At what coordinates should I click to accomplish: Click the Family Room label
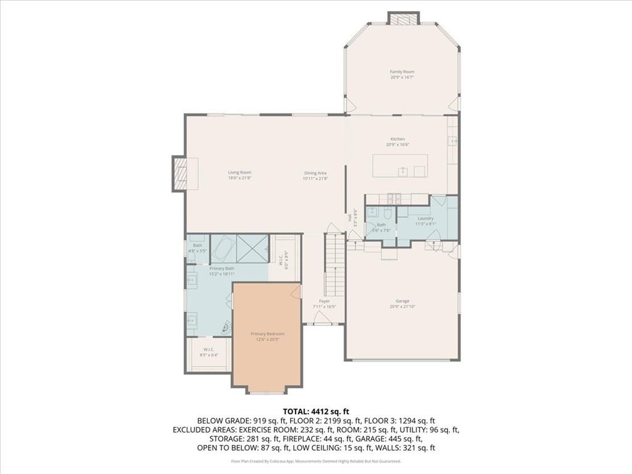click(x=401, y=72)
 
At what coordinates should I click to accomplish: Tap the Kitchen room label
click(x=397, y=139)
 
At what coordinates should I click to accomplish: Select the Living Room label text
click(x=239, y=173)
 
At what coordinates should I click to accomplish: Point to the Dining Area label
click(x=315, y=173)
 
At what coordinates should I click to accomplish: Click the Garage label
click(x=402, y=301)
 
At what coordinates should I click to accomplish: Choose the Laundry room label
click(x=425, y=218)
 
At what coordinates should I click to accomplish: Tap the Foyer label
click(x=324, y=301)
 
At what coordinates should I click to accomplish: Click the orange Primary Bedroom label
click(x=267, y=334)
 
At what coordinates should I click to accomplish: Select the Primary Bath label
click(x=222, y=268)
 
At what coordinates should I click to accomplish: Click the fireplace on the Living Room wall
click(x=180, y=173)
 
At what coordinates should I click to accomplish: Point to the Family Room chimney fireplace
click(x=404, y=19)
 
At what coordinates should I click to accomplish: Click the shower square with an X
click(x=252, y=248)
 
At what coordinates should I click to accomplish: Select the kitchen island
click(x=400, y=166)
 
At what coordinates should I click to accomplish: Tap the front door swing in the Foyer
click(x=322, y=317)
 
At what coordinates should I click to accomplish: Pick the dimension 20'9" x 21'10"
click(x=402, y=307)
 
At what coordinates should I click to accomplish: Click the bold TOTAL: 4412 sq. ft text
click(x=316, y=411)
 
